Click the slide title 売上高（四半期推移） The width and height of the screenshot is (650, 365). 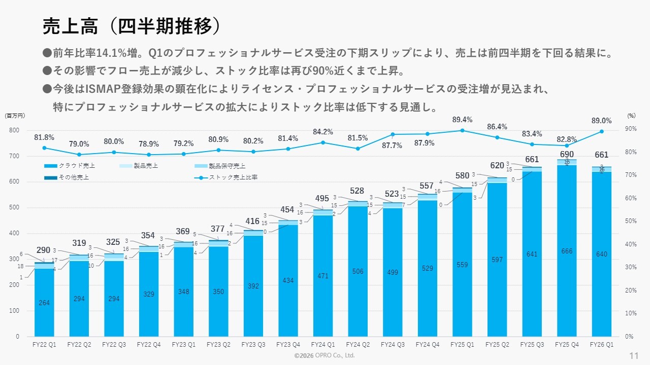(132, 27)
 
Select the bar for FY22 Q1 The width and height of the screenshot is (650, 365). (44, 299)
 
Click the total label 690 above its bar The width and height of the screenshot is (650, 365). (567, 154)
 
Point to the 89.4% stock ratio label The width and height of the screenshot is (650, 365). (462, 120)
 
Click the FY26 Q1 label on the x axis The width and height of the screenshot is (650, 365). (602, 344)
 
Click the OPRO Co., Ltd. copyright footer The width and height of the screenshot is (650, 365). (324, 356)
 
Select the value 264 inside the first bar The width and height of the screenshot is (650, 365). (44, 303)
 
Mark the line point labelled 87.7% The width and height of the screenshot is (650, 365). (393, 134)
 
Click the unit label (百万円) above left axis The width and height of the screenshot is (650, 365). (15, 116)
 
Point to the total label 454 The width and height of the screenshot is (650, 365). (288, 210)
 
